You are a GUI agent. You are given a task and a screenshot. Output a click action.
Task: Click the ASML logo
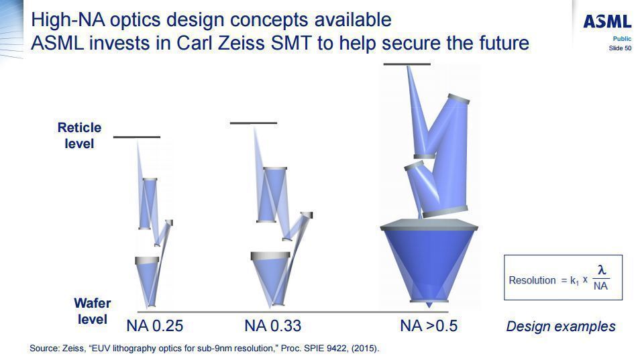(606, 21)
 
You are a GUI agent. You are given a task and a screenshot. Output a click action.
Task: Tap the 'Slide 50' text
(620, 48)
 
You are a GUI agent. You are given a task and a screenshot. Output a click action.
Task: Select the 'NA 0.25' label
(154, 326)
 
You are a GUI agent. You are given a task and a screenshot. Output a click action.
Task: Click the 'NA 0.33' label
(272, 326)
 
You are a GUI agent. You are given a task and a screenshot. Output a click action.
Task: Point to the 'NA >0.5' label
(428, 326)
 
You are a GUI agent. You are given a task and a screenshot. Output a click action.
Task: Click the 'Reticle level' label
(79, 135)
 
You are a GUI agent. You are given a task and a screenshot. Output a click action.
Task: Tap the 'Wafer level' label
(92, 312)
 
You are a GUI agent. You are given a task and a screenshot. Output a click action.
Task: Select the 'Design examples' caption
(560, 326)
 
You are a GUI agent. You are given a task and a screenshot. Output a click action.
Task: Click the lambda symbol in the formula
(602, 269)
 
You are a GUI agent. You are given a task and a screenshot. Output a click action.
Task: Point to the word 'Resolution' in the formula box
(532, 280)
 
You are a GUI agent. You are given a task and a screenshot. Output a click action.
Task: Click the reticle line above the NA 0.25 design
(137, 137)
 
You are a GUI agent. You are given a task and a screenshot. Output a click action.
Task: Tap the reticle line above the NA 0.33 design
(253, 123)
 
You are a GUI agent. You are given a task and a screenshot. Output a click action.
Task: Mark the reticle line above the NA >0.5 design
(407, 64)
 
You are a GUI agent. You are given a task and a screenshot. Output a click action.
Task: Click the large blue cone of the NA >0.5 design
(428, 261)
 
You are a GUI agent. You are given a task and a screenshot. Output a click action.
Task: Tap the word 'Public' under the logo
(622, 39)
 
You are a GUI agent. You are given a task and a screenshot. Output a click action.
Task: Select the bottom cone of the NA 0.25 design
(148, 282)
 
